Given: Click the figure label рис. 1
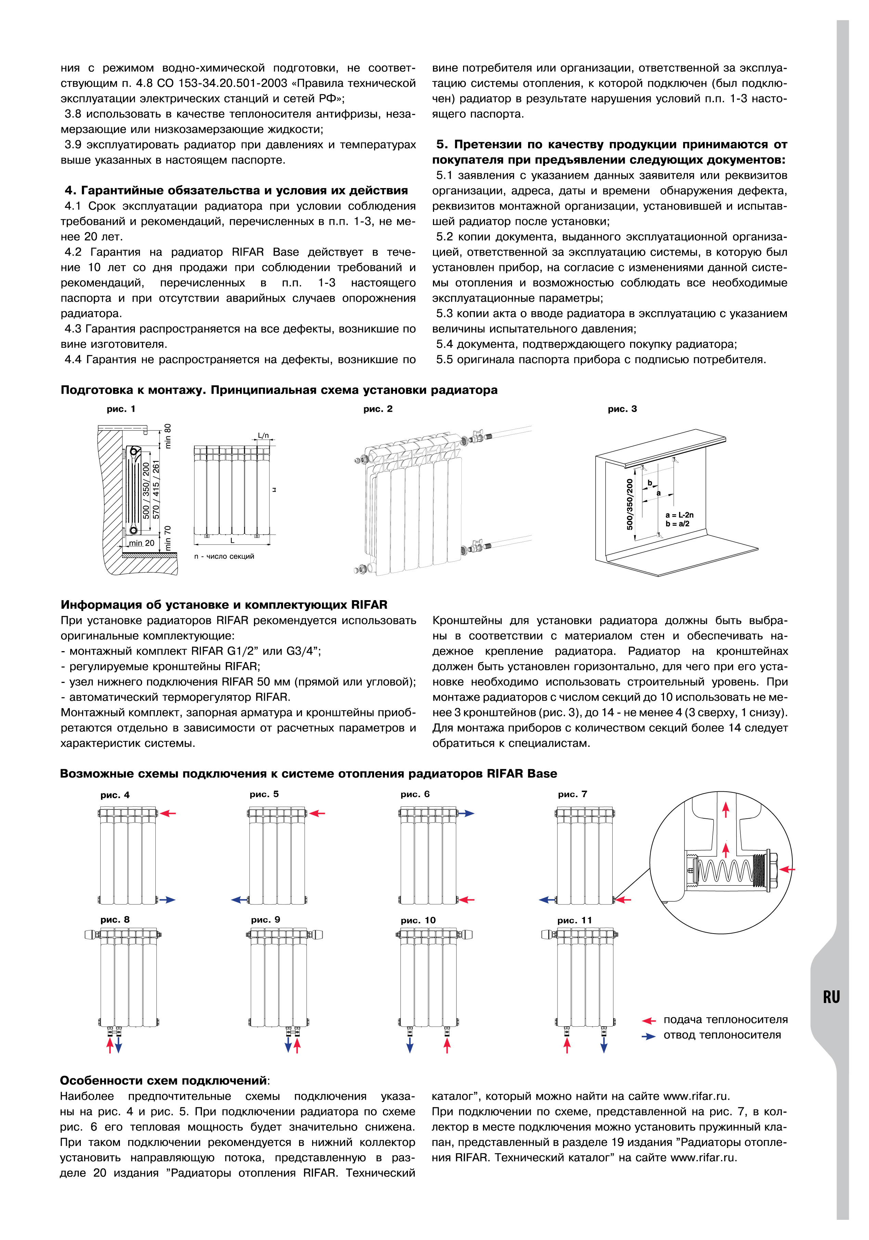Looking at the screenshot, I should coord(121,409).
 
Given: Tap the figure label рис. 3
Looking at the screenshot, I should coord(622,409).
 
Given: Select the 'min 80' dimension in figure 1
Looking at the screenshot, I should coord(167,436).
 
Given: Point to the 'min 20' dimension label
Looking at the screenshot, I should coord(142,543).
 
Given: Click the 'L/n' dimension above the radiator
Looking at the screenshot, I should coord(263,435).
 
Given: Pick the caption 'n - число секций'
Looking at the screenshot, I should coord(224,556).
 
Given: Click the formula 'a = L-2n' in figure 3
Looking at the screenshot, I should coord(679,515).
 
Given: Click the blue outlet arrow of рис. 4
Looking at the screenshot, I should coord(167,900).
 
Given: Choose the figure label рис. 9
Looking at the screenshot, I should coord(265,920).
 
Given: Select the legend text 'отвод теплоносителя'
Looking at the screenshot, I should coord(722,1035).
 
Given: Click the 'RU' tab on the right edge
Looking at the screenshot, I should coord(831,997).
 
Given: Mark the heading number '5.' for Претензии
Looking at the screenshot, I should coord(442,145).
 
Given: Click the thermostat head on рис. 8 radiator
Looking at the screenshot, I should coord(89,934).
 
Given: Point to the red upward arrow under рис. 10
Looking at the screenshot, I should coord(447,1045).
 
